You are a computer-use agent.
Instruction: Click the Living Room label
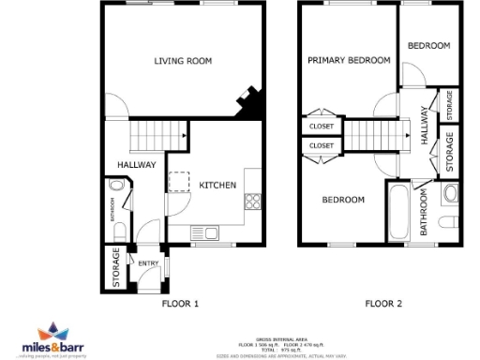coord(183,62)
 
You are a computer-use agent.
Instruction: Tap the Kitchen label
coord(217,186)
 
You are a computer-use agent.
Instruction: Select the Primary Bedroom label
coord(349,61)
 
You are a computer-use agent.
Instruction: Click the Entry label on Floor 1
coord(148,263)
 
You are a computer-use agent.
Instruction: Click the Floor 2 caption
coord(383,304)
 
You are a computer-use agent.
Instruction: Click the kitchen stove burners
coord(251,200)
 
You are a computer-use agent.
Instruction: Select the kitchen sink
coord(206,232)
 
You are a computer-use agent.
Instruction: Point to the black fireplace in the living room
coord(249,102)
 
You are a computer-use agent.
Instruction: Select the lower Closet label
coord(321,146)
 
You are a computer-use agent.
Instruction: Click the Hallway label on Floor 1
coord(136,165)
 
